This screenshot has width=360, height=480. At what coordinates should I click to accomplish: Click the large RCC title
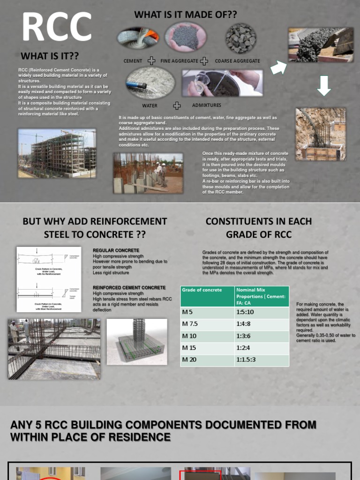(57, 27)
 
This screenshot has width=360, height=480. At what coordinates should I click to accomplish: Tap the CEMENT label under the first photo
(133, 61)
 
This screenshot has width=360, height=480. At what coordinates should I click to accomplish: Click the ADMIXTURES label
(207, 105)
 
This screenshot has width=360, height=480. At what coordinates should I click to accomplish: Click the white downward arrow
(324, 85)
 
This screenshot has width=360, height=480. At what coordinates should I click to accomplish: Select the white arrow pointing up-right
(279, 67)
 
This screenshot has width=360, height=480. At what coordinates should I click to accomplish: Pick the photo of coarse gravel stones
(241, 38)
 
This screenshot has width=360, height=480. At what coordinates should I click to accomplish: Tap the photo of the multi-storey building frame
(57, 153)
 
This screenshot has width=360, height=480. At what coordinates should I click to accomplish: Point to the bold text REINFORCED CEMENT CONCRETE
(129, 287)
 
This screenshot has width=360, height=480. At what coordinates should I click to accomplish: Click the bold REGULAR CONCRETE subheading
(116, 250)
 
